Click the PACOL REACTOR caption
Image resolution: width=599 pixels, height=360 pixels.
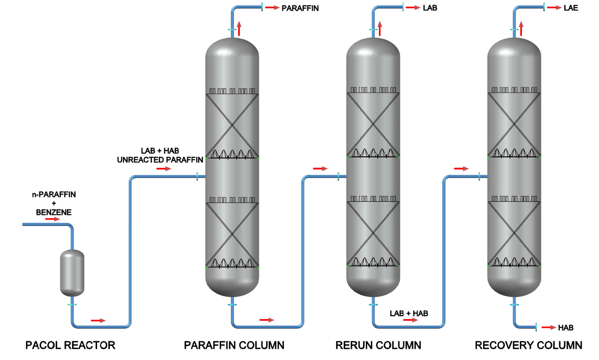click(x=70, y=346)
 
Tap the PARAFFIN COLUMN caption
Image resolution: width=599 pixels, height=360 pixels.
click(x=234, y=346)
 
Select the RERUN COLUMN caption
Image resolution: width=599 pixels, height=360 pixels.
click(x=378, y=346)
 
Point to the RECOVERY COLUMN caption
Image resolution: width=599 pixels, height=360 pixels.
click(x=528, y=346)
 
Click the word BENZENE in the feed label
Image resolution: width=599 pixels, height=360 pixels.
click(x=54, y=212)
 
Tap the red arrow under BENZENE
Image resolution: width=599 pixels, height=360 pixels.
click(x=52, y=219)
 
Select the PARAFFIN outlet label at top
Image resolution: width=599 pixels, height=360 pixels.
click(x=300, y=8)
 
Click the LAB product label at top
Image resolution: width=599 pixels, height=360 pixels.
click(x=430, y=8)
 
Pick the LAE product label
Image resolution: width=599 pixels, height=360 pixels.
click(x=571, y=8)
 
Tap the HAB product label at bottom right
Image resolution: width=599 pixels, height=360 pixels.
click(x=566, y=327)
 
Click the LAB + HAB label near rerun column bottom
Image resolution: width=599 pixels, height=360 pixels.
click(x=409, y=313)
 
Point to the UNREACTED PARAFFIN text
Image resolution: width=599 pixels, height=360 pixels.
click(x=160, y=160)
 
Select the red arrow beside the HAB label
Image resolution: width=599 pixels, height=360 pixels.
click(x=549, y=327)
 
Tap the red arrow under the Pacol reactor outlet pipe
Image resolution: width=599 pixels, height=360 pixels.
click(x=98, y=321)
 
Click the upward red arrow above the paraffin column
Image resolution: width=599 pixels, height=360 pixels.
click(x=238, y=28)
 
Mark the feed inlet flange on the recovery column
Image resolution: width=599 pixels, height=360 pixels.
click(x=479, y=177)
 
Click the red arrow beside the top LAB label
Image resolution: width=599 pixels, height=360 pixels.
click(x=413, y=8)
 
